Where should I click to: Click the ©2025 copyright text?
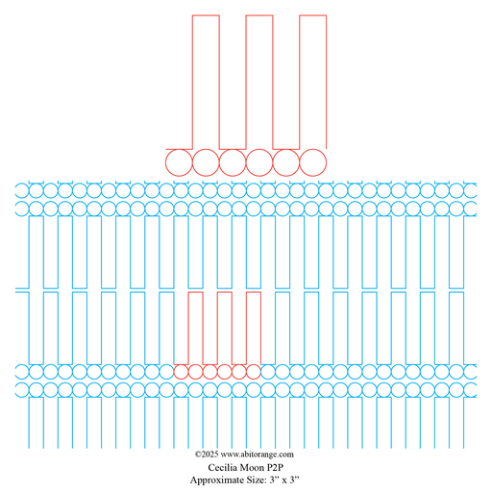(x=207, y=455)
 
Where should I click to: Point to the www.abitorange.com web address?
(x=258, y=455)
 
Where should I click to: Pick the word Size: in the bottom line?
(x=257, y=480)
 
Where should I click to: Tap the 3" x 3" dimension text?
(x=284, y=480)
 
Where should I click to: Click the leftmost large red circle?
(x=165, y=162)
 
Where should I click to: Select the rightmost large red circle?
(x=327, y=162)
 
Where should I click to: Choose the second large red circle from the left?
(x=192, y=162)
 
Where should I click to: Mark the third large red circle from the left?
(x=219, y=162)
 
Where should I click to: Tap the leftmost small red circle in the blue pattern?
(x=174, y=372)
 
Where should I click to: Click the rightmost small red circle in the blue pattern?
(x=260, y=372)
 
